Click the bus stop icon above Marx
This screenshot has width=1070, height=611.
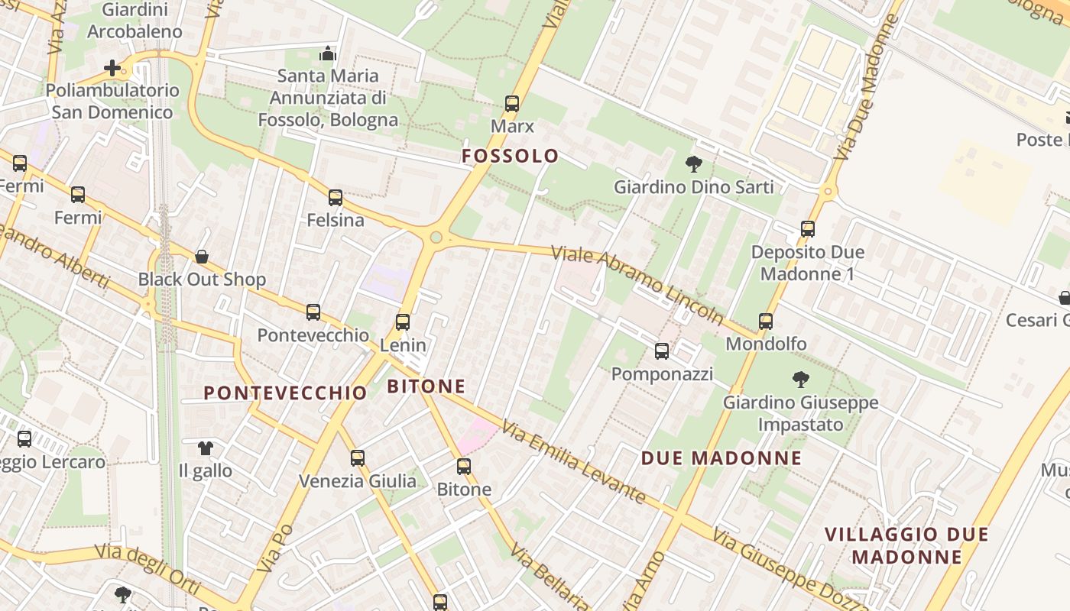click(512, 104)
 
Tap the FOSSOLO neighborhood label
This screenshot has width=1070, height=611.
click(510, 156)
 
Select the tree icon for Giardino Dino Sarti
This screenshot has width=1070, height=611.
click(694, 163)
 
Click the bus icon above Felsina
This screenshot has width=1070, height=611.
click(336, 198)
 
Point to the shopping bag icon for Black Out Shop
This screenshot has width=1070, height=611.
click(202, 256)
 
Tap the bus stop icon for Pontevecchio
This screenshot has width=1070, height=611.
click(313, 312)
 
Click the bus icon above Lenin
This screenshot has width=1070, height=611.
click(403, 322)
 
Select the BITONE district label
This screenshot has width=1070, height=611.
click(426, 386)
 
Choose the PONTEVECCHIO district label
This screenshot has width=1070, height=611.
click(285, 393)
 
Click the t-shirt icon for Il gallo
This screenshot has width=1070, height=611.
click(205, 448)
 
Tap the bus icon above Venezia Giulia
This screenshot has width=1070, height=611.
click(358, 458)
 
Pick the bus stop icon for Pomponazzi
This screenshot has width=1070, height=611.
click(662, 351)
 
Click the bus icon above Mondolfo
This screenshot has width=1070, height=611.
click(766, 322)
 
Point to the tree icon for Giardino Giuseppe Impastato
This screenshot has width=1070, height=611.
click(800, 379)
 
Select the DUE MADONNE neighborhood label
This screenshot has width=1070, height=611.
click(721, 458)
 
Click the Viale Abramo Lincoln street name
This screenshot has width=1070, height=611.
click(637, 283)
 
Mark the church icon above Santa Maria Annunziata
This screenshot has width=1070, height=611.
click(328, 53)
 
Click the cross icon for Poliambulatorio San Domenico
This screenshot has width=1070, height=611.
click(112, 68)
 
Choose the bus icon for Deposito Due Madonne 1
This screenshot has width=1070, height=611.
click(808, 229)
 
